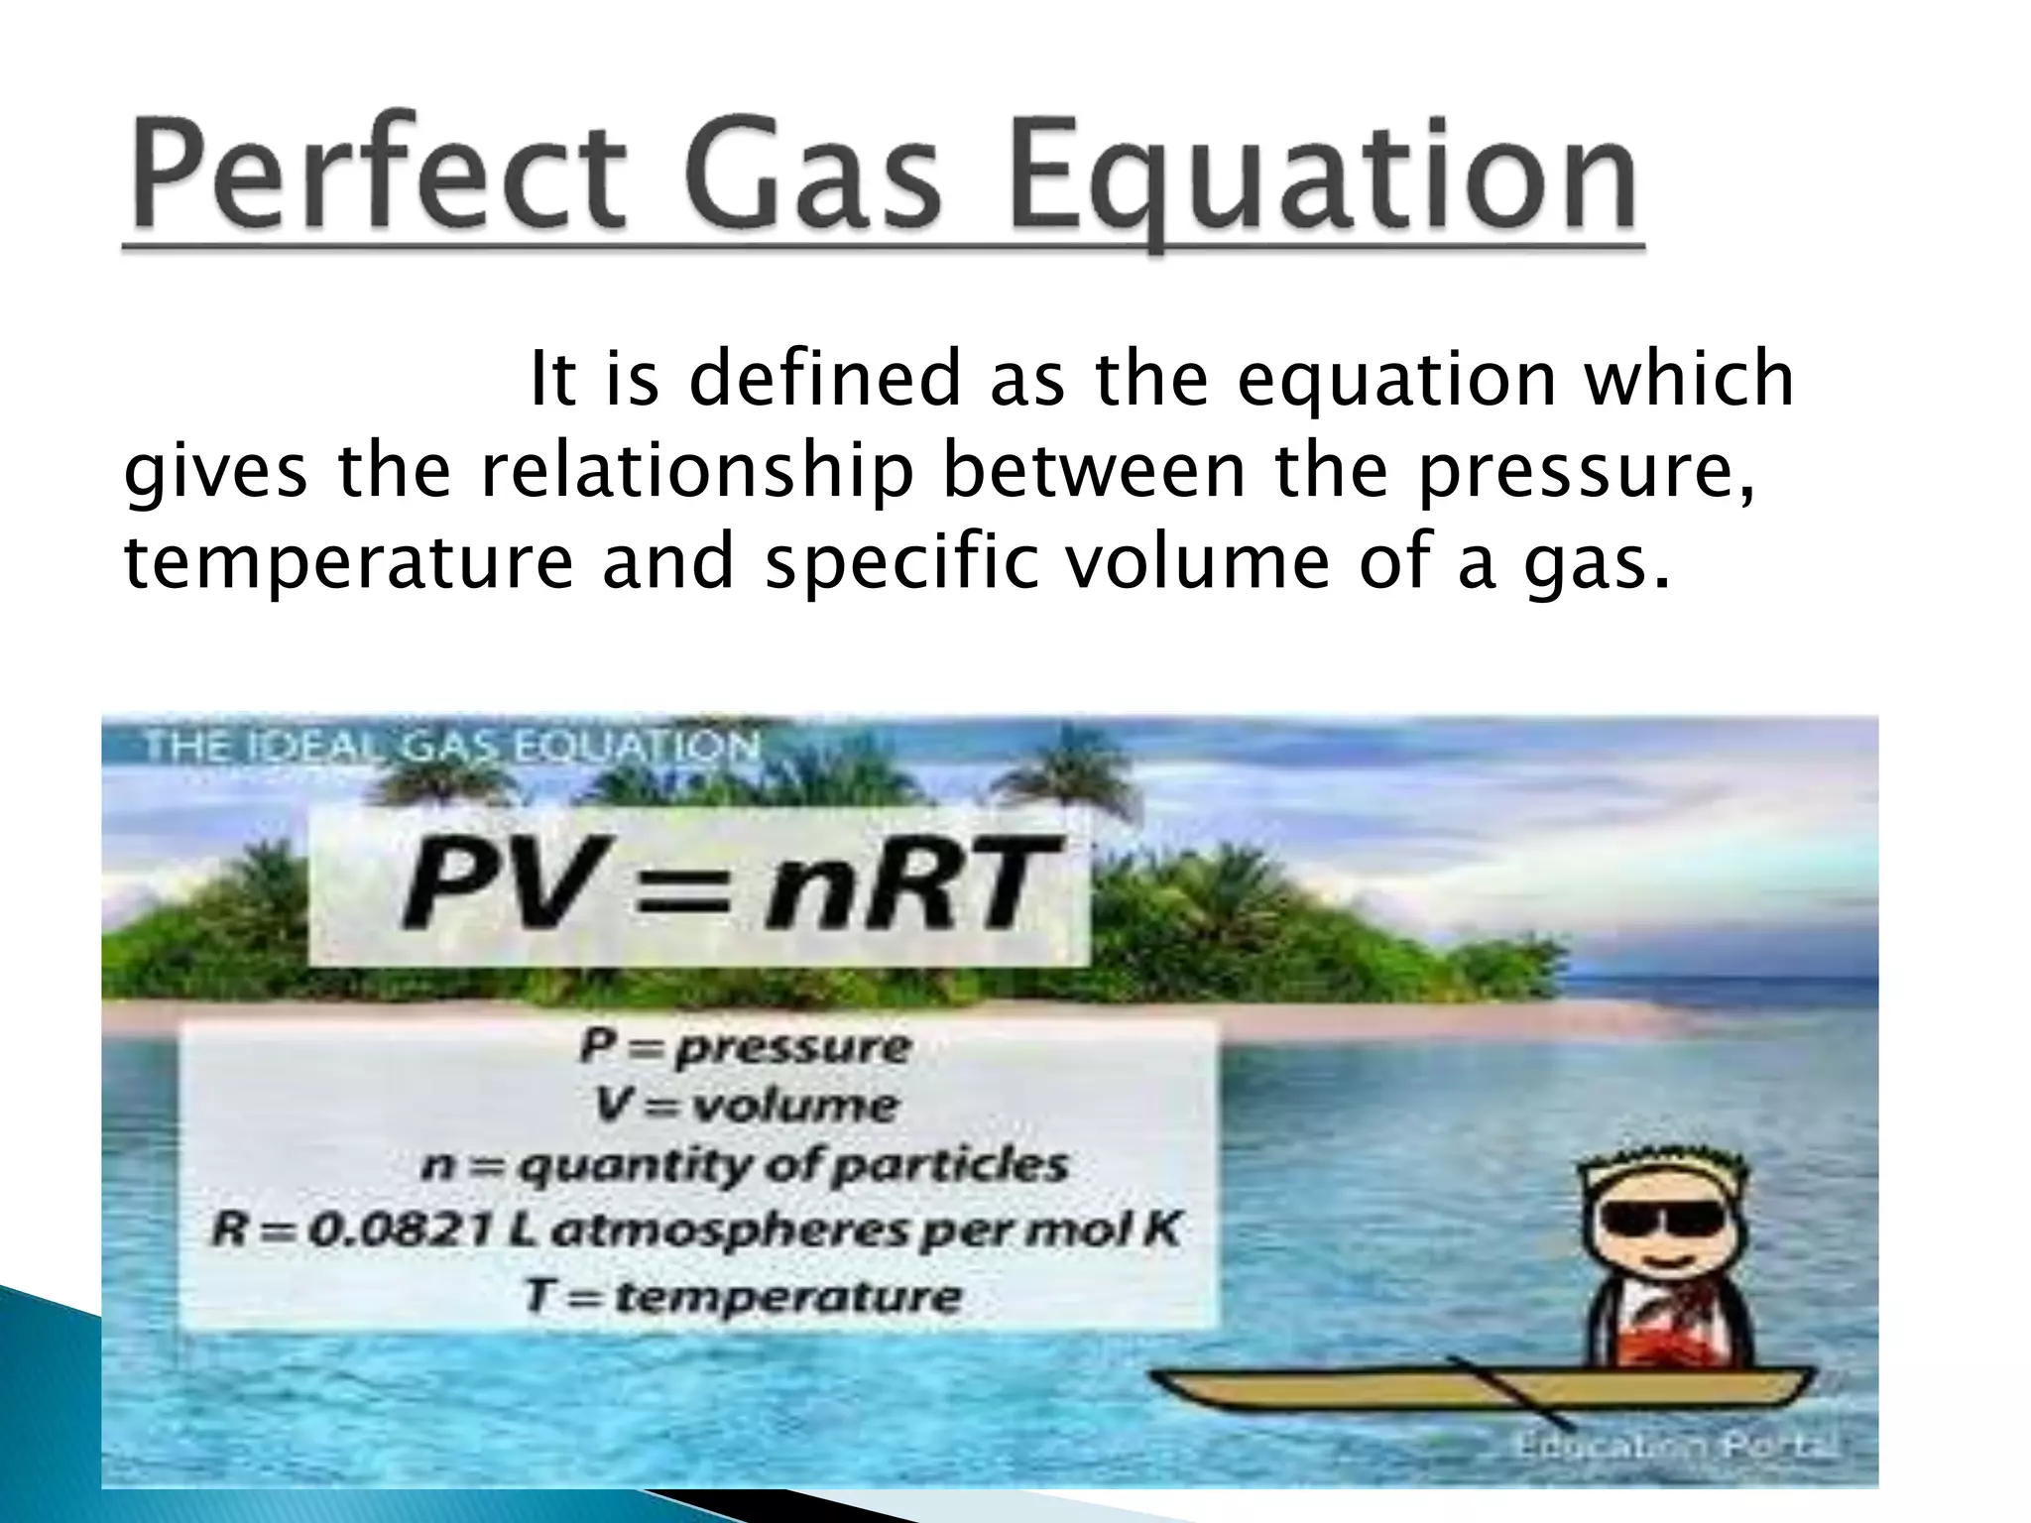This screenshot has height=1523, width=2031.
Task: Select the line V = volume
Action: tap(744, 1106)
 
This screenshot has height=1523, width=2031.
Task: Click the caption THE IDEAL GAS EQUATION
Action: tap(451, 746)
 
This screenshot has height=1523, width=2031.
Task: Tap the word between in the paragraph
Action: tap(1092, 472)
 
